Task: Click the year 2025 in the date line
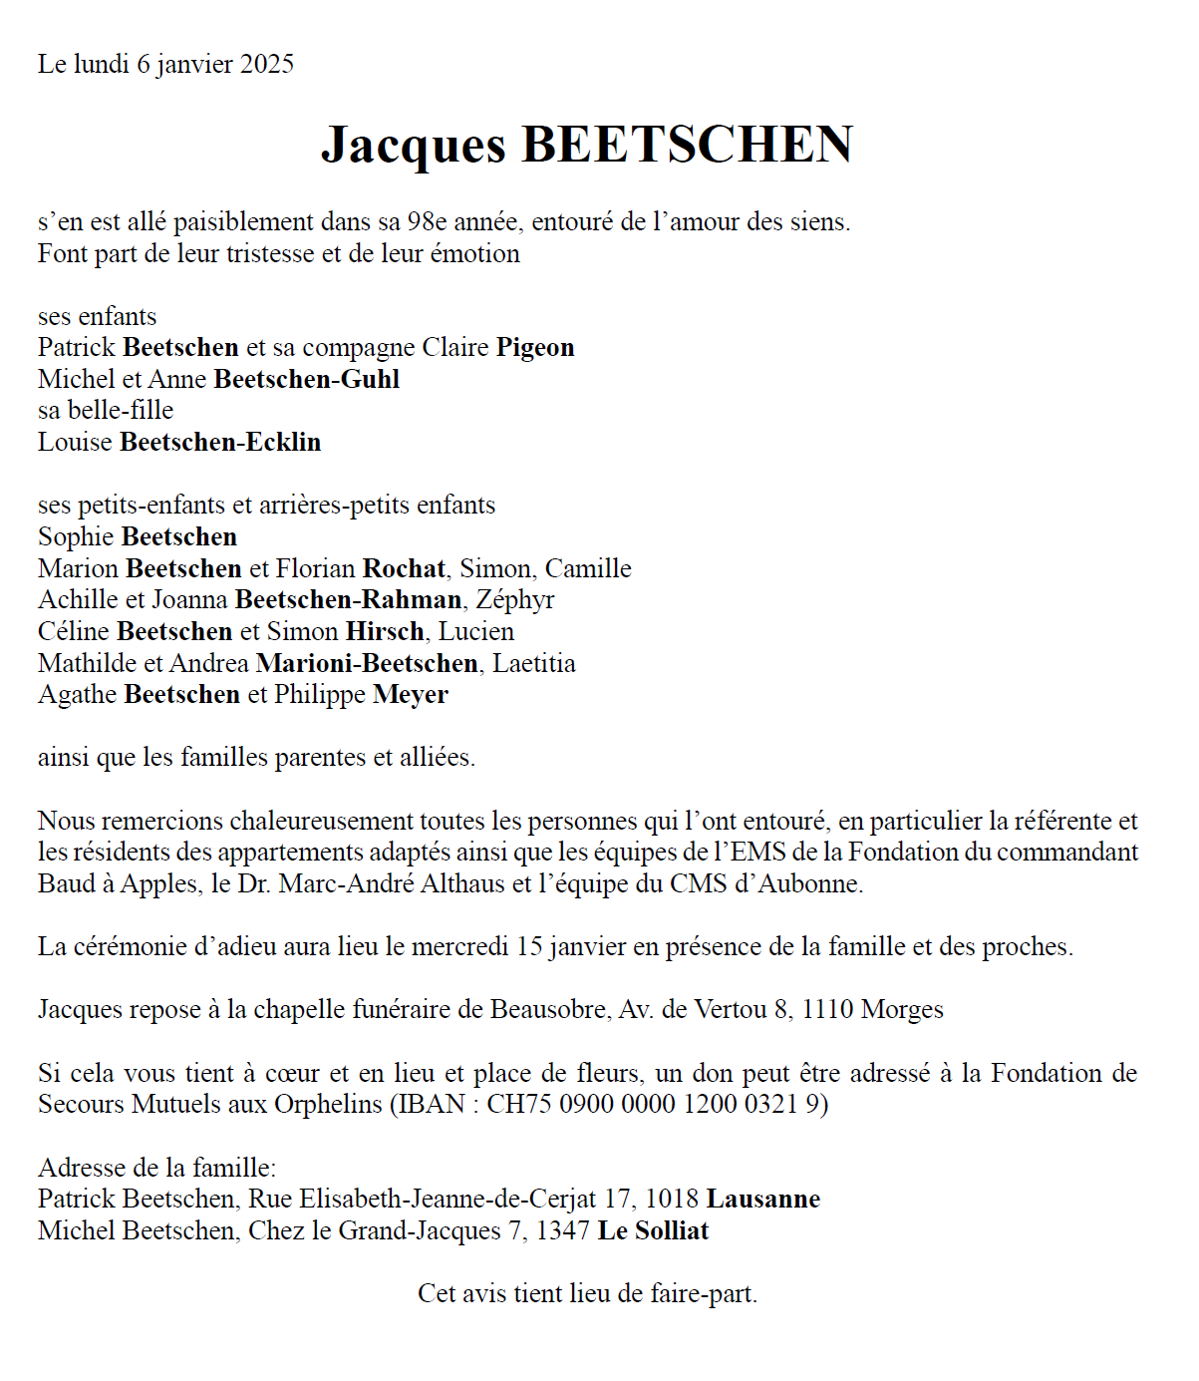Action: (267, 65)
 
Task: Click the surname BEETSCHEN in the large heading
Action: (687, 145)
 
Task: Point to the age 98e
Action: (427, 222)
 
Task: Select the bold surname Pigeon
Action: (535, 348)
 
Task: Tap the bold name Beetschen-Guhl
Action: (307, 380)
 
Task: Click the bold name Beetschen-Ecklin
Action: (220, 443)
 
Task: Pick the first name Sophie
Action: (76, 537)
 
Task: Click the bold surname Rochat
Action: (404, 569)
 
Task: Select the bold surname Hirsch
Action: (385, 632)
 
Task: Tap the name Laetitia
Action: (533, 664)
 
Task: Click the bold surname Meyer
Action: (411, 695)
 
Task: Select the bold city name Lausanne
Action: (763, 1200)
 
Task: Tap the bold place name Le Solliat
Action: (653, 1231)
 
